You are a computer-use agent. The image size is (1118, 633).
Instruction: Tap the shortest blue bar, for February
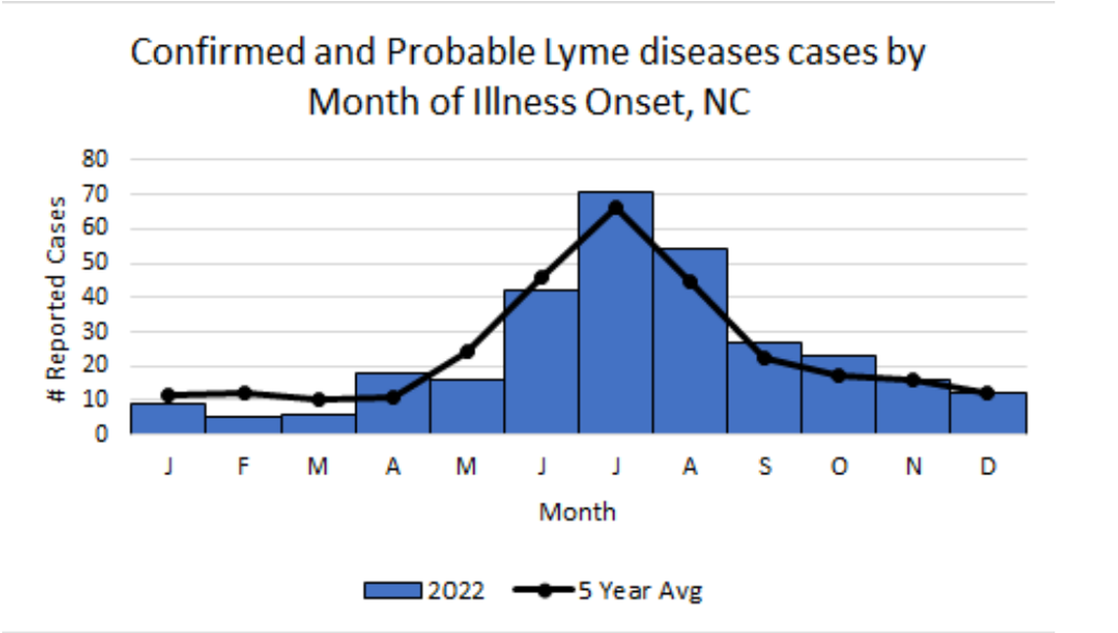pyautogui.click(x=242, y=424)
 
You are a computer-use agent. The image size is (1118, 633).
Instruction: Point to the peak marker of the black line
pyautogui.click(x=615, y=207)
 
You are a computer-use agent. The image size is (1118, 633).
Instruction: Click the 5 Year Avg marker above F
pyautogui.click(x=243, y=393)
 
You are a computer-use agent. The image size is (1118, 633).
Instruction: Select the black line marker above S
pyautogui.click(x=764, y=357)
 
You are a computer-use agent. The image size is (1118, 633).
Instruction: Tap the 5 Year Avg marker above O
pyautogui.click(x=838, y=375)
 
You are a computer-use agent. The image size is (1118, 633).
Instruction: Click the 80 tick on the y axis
pyautogui.click(x=95, y=159)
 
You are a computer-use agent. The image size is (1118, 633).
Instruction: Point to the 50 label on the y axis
pyautogui.click(x=95, y=263)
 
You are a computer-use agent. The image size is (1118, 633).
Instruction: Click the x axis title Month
pyautogui.click(x=577, y=511)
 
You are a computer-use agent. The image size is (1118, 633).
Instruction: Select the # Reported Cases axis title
pyautogui.click(x=59, y=299)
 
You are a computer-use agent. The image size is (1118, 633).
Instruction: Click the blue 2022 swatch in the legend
pyautogui.click(x=392, y=591)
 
